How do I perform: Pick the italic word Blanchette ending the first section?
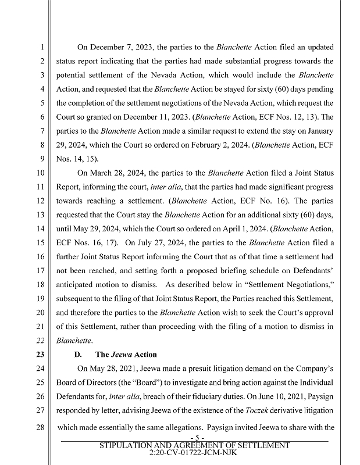tap(76, 341)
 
